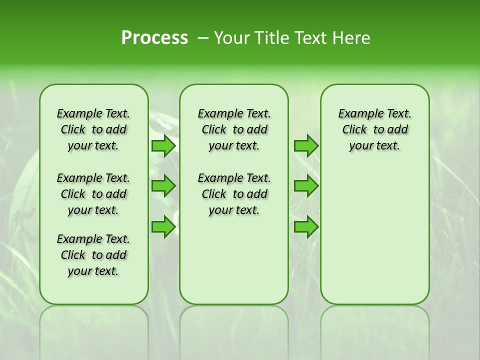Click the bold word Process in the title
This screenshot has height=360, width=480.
(x=154, y=38)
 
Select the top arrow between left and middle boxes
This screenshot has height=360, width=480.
(x=163, y=146)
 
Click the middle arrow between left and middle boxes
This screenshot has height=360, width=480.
(x=163, y=186)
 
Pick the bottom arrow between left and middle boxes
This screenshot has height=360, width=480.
(x=163, y=227)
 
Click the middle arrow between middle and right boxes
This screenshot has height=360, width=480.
(x=306, y=186)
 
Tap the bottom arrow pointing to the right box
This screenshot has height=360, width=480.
(x=306, y=227)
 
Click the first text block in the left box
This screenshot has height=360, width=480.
(x=93, y=129)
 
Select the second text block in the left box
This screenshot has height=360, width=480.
(x=93, y=194)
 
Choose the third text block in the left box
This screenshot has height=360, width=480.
(x=93, y=255)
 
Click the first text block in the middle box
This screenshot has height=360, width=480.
(x=234, y=129)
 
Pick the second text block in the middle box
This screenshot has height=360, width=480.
(x=234, y=194)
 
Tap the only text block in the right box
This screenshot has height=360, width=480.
(x=374, y=129)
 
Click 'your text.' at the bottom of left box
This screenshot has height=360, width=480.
(x=93, y=271)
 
